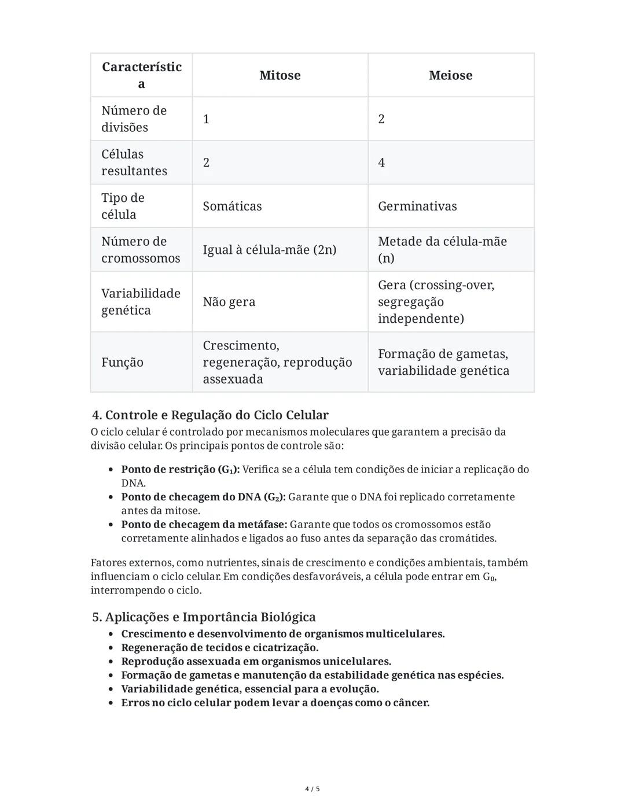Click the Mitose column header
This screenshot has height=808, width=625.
tap(280, 75)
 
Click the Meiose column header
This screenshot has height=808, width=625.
tap(450, 75)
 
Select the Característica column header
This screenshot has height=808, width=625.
tap(142, 75)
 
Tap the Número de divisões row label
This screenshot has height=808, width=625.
tap(134, 119)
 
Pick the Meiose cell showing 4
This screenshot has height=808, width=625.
tap(381, 163)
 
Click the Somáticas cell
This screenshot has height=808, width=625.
tap(232, 206)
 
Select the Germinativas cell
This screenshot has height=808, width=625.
tap(417, 206)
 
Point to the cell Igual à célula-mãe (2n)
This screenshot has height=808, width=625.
tap(269, 250)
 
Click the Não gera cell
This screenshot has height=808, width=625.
tap(229, 302)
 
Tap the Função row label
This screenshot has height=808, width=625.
tap(122, 362)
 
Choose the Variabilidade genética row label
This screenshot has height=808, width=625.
tap(141, 302)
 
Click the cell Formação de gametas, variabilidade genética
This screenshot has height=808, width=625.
tap(443, 362)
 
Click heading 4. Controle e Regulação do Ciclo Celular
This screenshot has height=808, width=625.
tap(210, 415)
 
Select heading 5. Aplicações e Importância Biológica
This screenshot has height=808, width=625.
tap(204, 617)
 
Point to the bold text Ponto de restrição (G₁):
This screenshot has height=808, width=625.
tap(180, 469)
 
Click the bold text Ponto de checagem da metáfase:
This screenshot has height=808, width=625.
tap(204, 525)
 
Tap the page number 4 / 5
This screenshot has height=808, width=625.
tap(312, 789)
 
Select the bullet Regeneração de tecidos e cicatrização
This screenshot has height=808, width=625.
tap(219, 647)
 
